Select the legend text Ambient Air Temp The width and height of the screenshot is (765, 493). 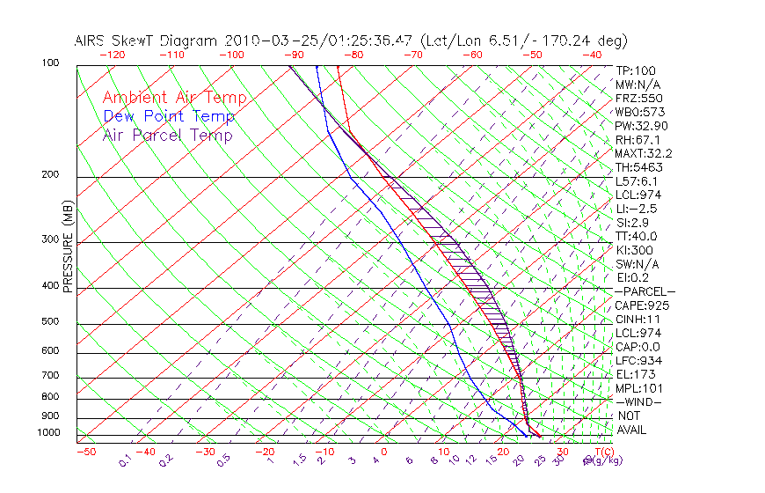pyautogui.click(x=174, y=98)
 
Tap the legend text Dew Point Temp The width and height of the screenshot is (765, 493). pyautogui.click(x=169, y=116)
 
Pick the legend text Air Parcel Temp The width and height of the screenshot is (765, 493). pyautogui.click(x=167, y=135)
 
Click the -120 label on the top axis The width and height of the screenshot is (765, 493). pyautogui.click(x=113, y=55)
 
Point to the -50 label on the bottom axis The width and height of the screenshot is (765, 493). pyautogui.click(x=85, y=452)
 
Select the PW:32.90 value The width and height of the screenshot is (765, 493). pyautogui.click(x=640, y=126)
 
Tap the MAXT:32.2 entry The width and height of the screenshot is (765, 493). pyautogui.click(x=642, y=153)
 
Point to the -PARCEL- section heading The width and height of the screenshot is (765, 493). pyautogui.click(x=645, y=291)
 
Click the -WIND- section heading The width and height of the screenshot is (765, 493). pyautogui.click(x=639, y=402)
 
